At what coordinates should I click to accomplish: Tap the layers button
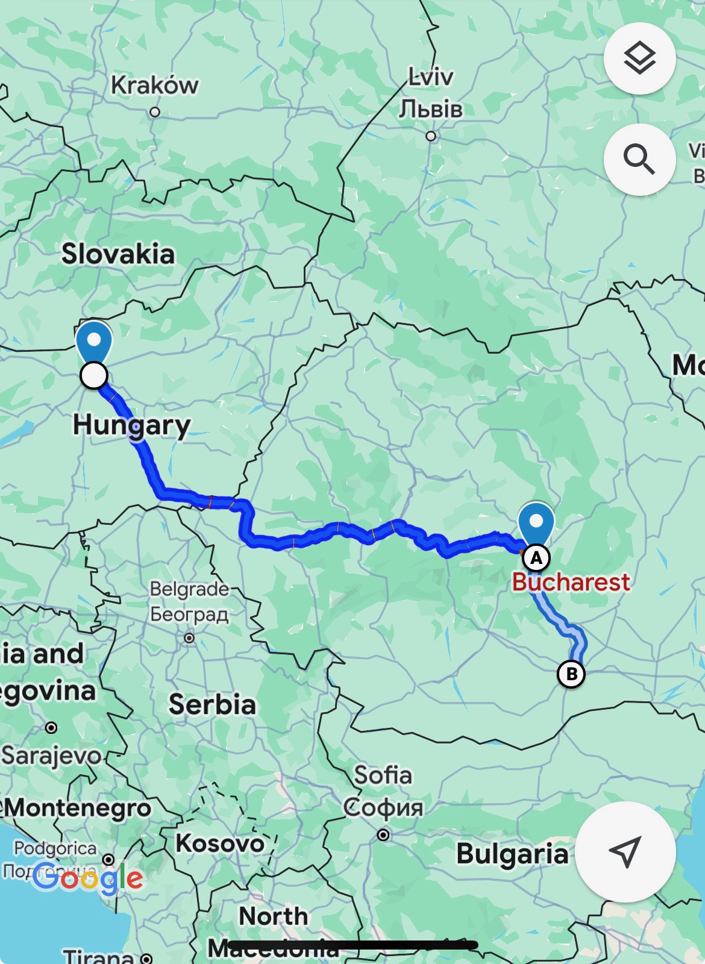tap(639, 58)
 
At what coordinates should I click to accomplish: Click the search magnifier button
tap(639, 159)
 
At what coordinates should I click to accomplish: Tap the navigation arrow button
tap(625, 851)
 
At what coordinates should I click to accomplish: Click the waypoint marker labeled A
tap(536, 559)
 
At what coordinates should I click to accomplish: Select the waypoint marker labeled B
tap(571, 674)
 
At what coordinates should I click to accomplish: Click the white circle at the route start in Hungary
tap(93, 375)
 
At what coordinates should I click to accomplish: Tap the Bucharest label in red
tap(571, 582)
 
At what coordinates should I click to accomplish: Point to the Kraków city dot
tap(155, 112)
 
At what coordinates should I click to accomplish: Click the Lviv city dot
tap(431, 136)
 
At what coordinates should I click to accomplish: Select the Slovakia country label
tap(118, 254)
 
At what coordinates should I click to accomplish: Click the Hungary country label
tap(131, 425)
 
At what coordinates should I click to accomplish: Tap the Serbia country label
tap(212, 704)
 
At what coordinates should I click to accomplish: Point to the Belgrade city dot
tap(189, 637)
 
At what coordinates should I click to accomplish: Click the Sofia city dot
tap(383, 834)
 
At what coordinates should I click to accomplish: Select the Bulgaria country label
tap(512, 854)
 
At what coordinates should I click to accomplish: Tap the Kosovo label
tap(220, 843)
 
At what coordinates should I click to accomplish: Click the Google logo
tap(88, 878)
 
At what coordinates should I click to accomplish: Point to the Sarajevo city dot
tap(52, 728)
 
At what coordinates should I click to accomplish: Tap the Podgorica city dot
tap(108, 859)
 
